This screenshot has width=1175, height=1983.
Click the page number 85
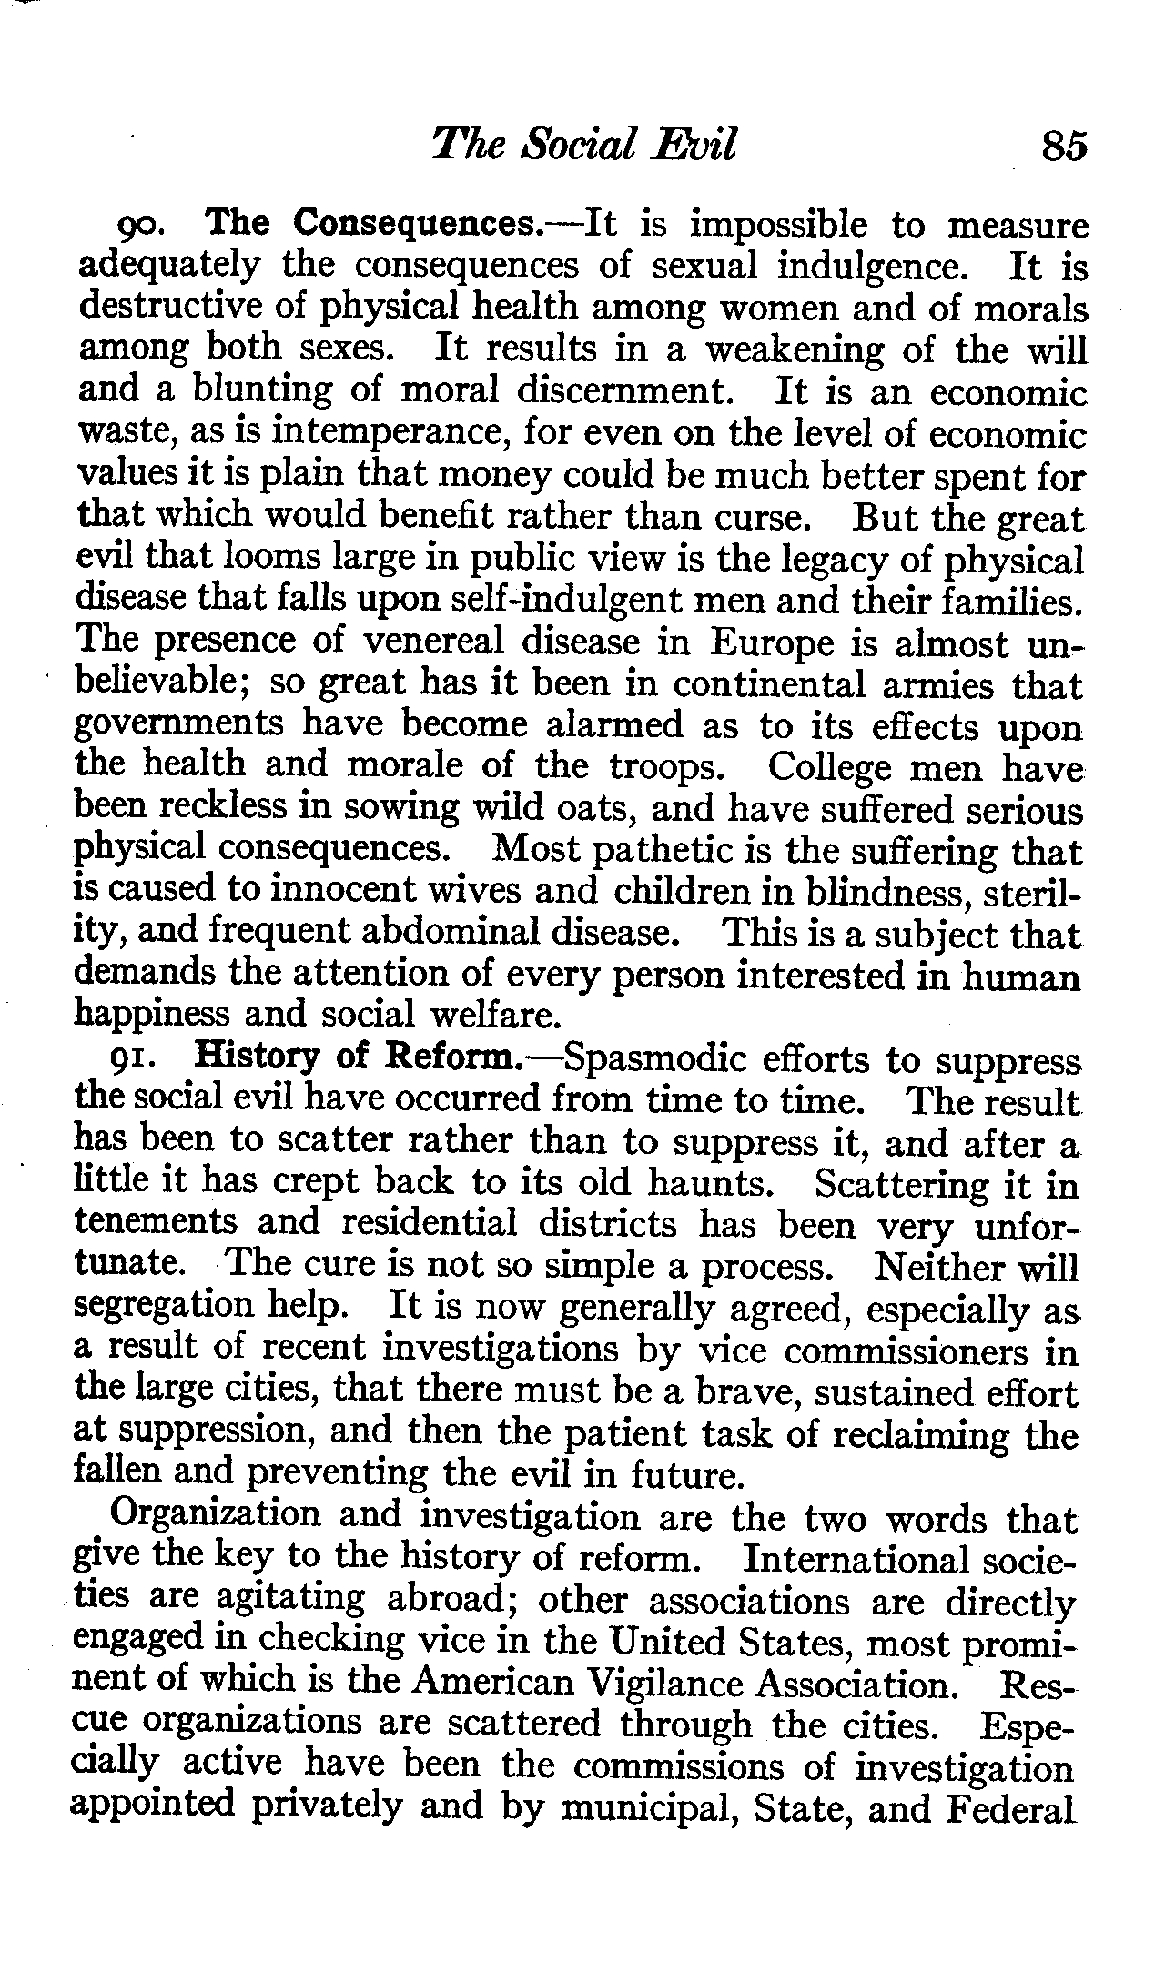tap(1065, 145)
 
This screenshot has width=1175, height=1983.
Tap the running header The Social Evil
tap(583, 144)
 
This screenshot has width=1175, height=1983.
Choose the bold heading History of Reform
tap(359, 1058)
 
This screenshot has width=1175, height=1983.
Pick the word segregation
tap(164, 1309)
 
